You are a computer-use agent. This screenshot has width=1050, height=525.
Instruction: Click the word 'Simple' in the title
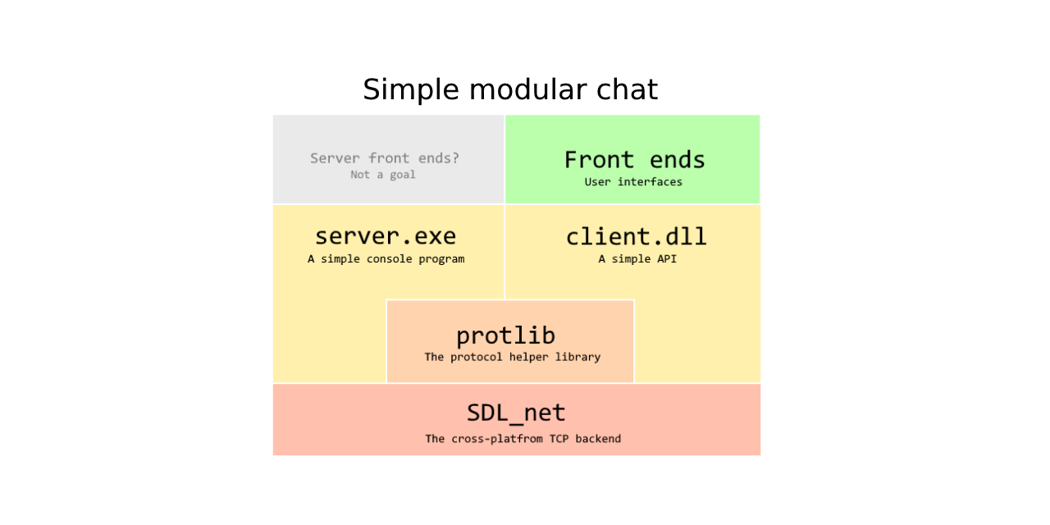411,90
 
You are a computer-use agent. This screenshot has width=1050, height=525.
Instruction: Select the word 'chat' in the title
628,89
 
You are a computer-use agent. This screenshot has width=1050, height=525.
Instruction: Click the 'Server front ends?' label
385,158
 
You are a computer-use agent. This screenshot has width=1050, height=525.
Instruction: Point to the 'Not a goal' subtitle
383,175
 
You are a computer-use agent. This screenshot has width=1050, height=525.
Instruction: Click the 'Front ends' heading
634,160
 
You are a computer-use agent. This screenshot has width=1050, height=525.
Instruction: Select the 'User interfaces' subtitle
633,181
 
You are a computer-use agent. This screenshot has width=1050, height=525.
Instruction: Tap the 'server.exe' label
386,236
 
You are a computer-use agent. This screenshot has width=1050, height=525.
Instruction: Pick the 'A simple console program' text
386,258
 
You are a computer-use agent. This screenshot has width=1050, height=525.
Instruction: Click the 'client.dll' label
636,236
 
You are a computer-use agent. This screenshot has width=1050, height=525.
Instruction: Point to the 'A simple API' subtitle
637,258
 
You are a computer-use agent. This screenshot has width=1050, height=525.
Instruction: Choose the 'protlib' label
505,336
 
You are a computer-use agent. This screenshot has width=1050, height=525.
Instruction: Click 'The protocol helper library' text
513,357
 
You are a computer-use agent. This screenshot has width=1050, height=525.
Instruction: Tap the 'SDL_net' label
516,413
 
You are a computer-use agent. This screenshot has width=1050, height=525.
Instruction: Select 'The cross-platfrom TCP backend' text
523,439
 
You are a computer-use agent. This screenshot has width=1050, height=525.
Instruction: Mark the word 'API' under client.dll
668,258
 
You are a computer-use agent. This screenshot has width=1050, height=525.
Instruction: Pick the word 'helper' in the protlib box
529,357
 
